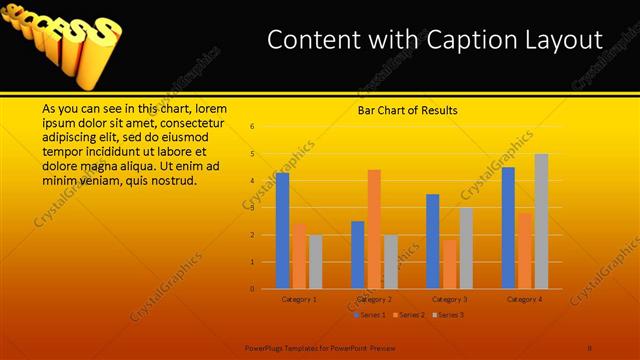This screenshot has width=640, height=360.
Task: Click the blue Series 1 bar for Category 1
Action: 282,231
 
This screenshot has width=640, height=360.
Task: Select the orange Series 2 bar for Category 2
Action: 374,229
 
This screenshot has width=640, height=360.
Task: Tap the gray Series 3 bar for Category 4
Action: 541,221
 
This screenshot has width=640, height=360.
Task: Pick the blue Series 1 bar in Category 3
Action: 433,241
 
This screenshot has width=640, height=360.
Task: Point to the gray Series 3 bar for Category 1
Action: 315,262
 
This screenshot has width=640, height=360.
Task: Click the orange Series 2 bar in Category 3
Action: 449,264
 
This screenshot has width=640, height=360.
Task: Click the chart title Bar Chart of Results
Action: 407,111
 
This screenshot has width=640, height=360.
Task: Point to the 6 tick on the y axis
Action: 253,127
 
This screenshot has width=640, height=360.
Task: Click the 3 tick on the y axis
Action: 253,208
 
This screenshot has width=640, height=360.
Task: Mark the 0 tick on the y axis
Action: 253,289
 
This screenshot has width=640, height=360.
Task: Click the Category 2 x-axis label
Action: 374,299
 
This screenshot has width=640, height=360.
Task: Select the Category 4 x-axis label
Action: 524,299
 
